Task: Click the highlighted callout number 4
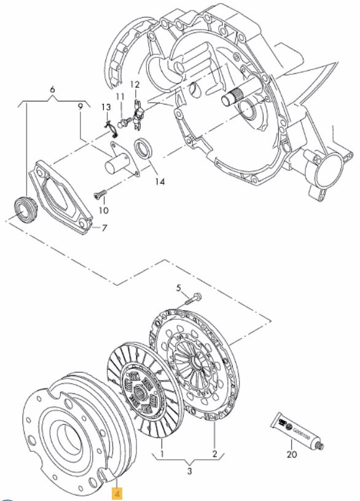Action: [x=117, y=494]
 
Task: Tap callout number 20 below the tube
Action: [x=292, y=454]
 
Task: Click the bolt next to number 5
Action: [x=193, y=298]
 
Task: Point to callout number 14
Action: [x=160, y=181]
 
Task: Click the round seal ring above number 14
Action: [x=144, y=148]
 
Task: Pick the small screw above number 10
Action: [x=101, y=194]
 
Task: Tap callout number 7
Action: [x=104, y=228]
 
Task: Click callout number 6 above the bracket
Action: [x=53, y=90]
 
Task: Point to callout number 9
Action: [x=80, y=106]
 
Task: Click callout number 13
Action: [x=106, y=108]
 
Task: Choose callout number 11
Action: [x=120, y=97]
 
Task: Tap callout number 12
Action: [x=135, y=85]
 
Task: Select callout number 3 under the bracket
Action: [x=189, y=471]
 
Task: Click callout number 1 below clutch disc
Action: [x=162, y=454]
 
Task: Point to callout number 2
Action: [x=214, y=454]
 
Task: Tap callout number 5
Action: [x=179, y=288]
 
